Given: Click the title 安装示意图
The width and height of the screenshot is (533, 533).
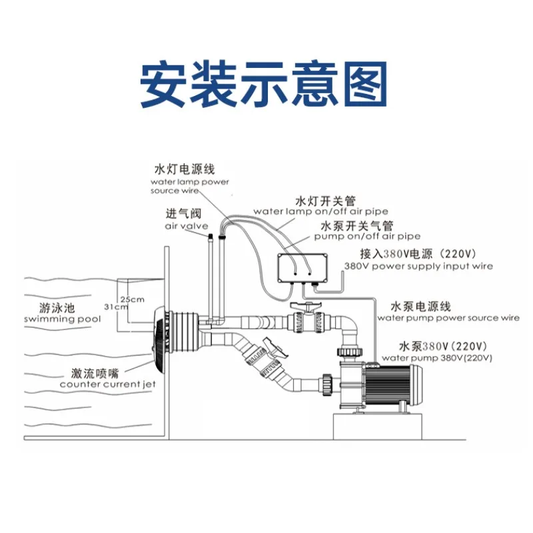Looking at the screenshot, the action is click(x=264, y=85).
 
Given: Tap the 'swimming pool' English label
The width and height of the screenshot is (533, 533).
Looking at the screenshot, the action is click(x=63, y=319).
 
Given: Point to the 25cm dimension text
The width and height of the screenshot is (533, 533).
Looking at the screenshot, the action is click(x=132, y=299).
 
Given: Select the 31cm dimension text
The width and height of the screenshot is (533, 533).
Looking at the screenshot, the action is click(x=116, y=306).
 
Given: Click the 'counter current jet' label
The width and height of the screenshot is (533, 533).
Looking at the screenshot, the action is click(x=107, y=384).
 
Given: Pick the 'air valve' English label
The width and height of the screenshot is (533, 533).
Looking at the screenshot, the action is click(x=187, y=226).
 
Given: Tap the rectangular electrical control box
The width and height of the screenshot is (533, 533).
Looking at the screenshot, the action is click(x=302, y=268).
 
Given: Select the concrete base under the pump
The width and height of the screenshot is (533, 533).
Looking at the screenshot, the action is click(x=377, y=426).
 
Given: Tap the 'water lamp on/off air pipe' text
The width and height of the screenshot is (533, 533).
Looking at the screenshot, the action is click(x=320, y=211).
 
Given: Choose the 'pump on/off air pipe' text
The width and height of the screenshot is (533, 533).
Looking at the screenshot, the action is click(x=367, y=237).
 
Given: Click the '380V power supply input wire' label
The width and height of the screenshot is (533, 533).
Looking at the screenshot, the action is click(x=418, y=266).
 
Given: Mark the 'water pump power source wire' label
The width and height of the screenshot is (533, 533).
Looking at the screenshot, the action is click(x=448, y=318).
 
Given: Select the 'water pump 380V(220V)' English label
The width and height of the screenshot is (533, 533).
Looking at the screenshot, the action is click(x=437, y=358).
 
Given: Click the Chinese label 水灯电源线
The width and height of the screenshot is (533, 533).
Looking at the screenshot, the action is click(x=185, y=169).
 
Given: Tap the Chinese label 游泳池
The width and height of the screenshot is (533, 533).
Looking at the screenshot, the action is click(x=57, y=308).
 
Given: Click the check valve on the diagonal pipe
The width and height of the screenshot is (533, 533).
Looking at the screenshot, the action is click(x=266, y=360).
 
